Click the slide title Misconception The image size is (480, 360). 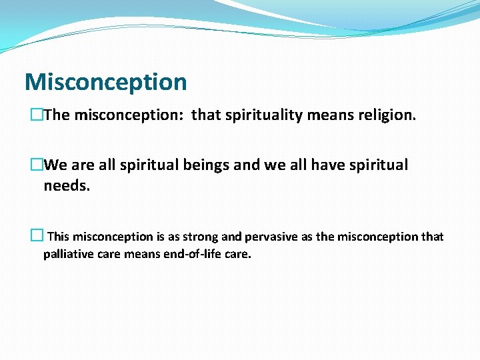(x=105, y=82)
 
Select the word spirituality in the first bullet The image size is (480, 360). (x=257, y=115)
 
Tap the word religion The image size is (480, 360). (x=386, y=115)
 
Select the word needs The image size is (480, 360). (x=67, y=186)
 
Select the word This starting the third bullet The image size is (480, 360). (x=59, y=237)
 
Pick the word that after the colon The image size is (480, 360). (x=207, y=115)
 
